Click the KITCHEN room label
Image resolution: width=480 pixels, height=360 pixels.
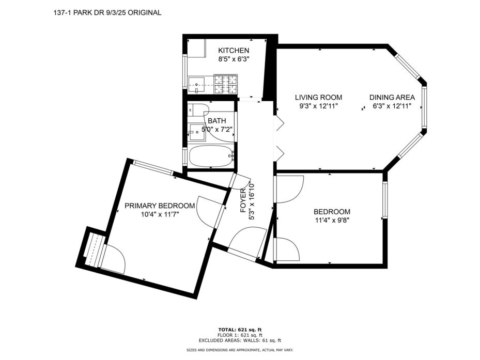[234, 51]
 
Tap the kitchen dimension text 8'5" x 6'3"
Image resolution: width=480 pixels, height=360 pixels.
[234, 59]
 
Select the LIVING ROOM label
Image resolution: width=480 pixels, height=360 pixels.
[318, 97]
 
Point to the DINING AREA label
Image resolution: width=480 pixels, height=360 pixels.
[392, 97]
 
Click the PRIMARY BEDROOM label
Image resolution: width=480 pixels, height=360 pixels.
[160, 206]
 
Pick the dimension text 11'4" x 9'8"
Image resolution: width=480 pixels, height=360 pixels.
[332, 220]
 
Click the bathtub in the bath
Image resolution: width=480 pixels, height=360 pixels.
[211, 155]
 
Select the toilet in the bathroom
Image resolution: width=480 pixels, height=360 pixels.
[198, 110]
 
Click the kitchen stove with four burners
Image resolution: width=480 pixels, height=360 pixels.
[226, 85]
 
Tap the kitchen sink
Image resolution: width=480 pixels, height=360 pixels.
[196, 85]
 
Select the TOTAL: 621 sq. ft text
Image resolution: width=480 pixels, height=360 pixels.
[240, 330]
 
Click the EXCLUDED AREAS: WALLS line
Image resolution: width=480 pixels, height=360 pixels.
[240, 340]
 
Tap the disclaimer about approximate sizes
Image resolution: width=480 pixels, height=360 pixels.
[240, 350]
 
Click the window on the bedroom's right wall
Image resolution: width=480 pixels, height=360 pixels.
[385, 200]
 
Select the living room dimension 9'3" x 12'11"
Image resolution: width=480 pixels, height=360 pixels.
[318, 106]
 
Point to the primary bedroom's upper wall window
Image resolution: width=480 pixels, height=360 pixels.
[153, 168]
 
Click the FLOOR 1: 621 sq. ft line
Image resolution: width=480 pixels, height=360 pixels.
[240, 335]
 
